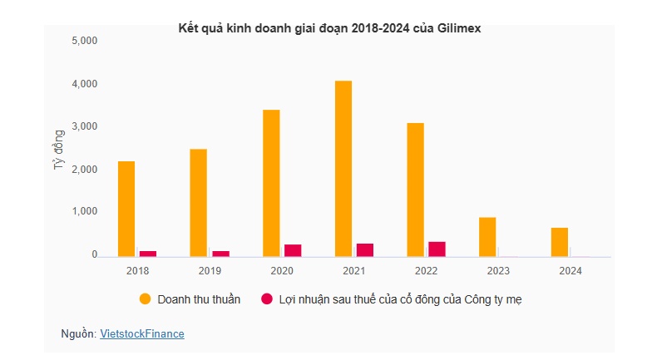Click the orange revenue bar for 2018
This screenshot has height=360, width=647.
click(126, 208)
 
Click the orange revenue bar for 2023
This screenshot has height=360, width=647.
click(487, 236)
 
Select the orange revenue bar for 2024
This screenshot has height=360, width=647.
click(560, 241)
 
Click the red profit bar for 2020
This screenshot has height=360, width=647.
click(292, 249)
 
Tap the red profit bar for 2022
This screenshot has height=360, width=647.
click(437, 248)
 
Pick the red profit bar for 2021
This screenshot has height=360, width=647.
click(364, 249)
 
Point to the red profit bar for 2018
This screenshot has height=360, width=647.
click(147, 253)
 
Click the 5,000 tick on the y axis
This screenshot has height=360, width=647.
click(86, 41)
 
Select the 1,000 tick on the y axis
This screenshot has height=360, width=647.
click(86, 212)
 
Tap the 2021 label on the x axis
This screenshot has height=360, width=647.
click(353, 270)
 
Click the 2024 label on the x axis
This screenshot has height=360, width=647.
click(570, 270)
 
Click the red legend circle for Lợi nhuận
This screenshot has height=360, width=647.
click(267, 299)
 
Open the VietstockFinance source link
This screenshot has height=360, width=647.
click(141, 333)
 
